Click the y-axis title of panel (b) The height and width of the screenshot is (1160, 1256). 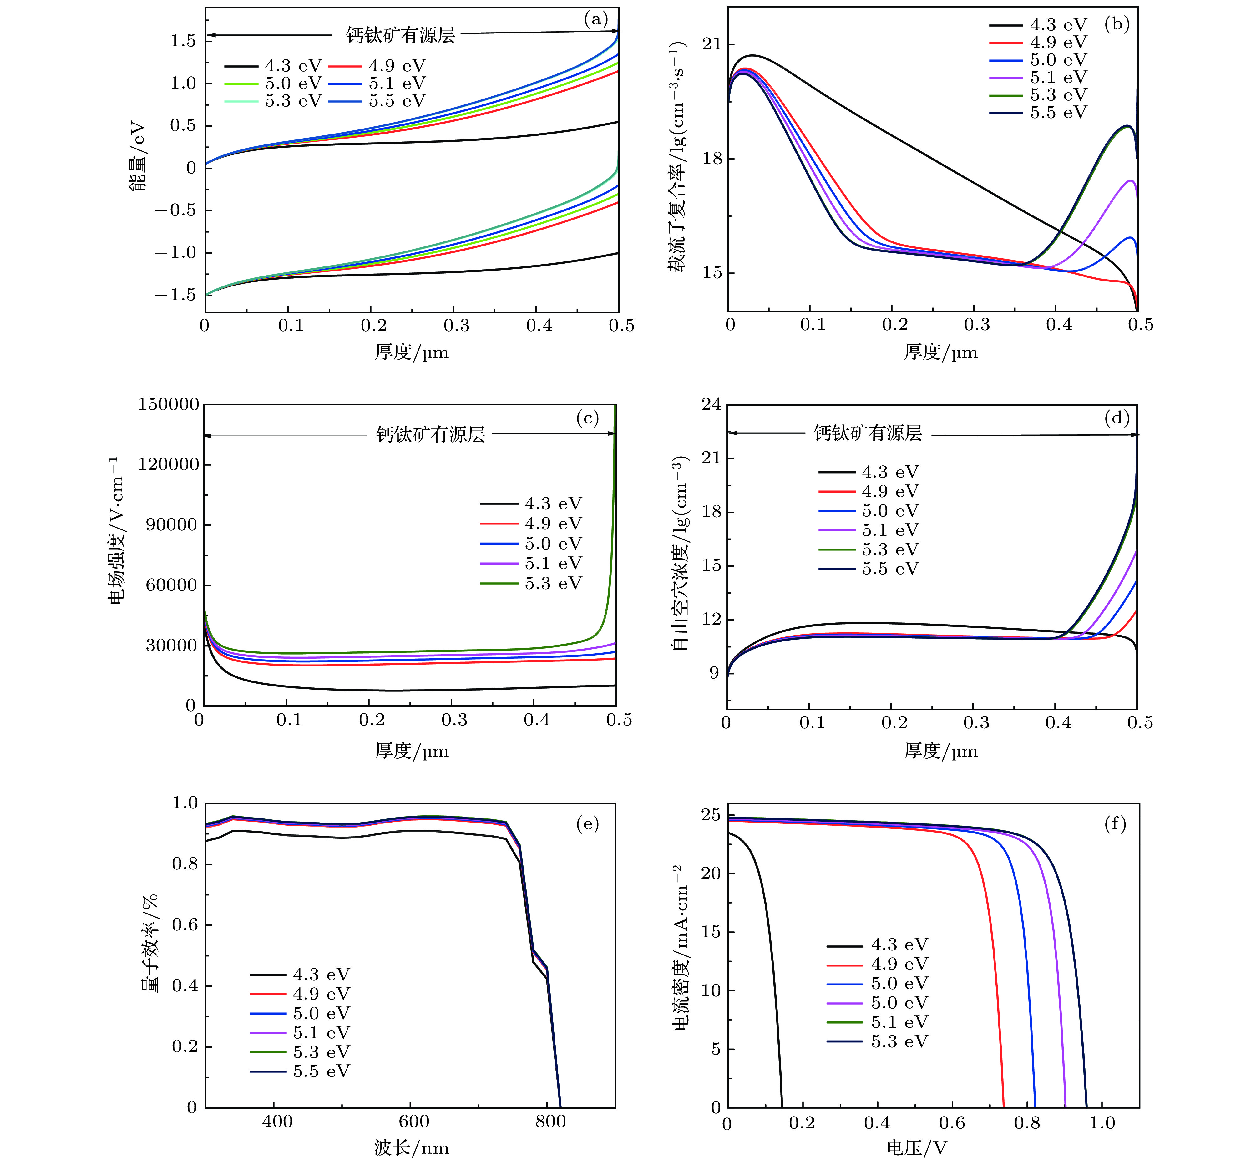677,157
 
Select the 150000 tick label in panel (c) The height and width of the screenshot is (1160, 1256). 168,405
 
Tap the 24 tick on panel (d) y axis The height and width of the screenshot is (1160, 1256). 711,405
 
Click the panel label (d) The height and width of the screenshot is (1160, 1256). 1117,418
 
